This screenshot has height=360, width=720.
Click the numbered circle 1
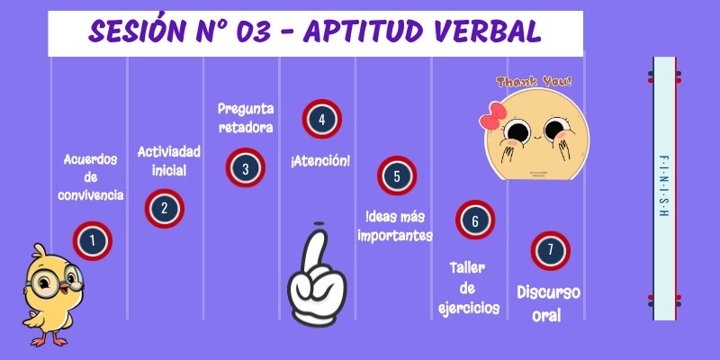91,240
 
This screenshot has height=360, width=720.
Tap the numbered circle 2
164,208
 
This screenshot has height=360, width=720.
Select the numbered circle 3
245,166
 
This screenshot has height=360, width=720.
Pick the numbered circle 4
321,118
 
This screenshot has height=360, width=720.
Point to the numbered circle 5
397,176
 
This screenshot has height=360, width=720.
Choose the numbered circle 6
474,220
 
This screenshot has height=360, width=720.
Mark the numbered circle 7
550,249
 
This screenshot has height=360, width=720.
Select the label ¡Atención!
320,161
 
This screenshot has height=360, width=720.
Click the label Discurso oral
548,303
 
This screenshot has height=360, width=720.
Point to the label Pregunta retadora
246,117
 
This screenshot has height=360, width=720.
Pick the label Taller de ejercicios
468,288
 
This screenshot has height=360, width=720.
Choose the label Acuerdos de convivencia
91,177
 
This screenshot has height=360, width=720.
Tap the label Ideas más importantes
395,227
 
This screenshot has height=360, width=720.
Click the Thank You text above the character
534,83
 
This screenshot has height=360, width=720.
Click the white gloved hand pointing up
316,278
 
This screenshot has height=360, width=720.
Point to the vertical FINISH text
663,187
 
